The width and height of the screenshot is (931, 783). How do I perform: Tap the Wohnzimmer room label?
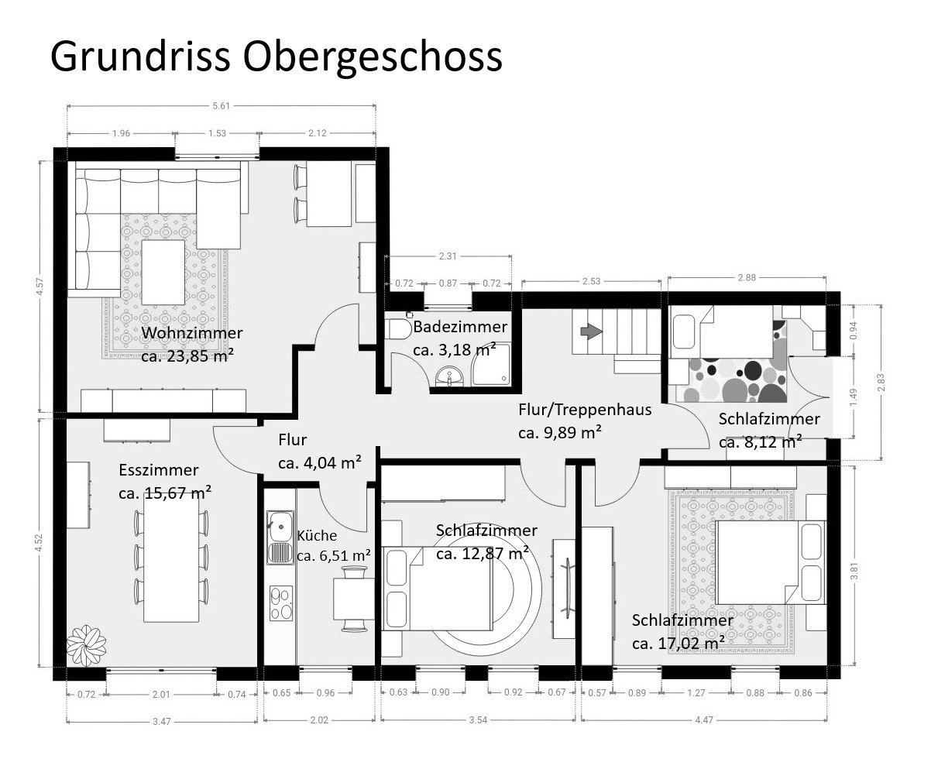pyautogui.click(x=192, y=333)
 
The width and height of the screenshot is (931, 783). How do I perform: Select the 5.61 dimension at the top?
pyautogui.click(x=222, y=105)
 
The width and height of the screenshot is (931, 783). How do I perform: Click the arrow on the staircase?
pyautogui.click(x=591, y=331)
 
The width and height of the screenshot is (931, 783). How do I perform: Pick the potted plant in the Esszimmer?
pyautogui.click(x=86, y=645)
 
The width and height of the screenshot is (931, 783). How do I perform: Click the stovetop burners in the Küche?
pyautogui.click(x=281, y=603)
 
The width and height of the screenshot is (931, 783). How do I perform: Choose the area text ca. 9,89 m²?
pyautogui.click(x=559, y=432)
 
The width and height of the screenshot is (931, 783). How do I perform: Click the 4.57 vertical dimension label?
pyautogui.click(x=40, y=287)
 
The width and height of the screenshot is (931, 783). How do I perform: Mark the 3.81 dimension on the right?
pyautogui.click(x=854, y=571)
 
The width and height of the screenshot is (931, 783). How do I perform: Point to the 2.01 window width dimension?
pyautogui.click(x=161, y=694)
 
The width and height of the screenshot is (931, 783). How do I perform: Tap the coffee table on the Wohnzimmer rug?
pyautogui.click(x=163, y=272)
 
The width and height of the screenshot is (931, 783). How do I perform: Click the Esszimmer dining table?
pyautogui.click(x=171, y=559)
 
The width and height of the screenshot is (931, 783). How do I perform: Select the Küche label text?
pyautogui.click(x=317, y=535)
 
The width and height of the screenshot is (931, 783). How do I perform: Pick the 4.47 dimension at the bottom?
pyautogui.click(x=704, y=719)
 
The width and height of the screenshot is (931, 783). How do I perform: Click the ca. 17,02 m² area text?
pyautogui.click(x=678, y=644)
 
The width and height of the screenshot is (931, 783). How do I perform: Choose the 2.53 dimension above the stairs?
pyautogui.click(x=591, y=281)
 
